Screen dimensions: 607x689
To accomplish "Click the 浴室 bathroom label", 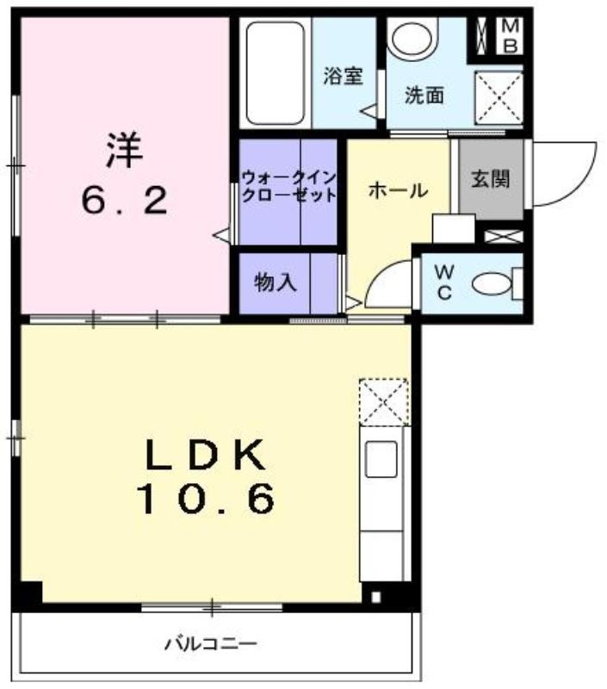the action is pos(343,76).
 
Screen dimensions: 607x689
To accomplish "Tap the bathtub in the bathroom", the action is pos(275,73).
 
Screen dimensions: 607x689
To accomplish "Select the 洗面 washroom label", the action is pos(424,95).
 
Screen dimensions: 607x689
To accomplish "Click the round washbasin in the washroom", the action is pos(413,39).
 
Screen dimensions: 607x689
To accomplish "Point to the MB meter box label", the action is pos(510,35).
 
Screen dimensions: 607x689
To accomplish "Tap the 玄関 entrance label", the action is pos(490,179).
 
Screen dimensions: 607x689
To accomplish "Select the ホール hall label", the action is pos(399,190).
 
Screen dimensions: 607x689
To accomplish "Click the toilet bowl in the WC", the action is pos(492,283).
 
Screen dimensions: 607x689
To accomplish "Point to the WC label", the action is pos(444,282).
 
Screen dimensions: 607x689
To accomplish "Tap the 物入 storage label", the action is pos(276,282).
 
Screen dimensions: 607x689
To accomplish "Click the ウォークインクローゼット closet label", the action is pos(288,186).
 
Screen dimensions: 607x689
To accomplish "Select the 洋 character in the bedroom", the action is pos(124,150).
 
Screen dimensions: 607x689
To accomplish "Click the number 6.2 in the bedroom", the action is pos(124,201).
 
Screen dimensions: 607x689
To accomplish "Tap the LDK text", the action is pos(206,455).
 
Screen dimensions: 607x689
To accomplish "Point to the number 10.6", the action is pos(206,499).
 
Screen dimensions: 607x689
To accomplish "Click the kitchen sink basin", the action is pos(381,459).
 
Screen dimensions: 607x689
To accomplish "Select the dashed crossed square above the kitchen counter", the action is pos(384,402).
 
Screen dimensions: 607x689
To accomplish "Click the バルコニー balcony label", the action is pos(211,644).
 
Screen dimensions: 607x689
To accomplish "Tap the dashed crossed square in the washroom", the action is pos(499,96).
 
